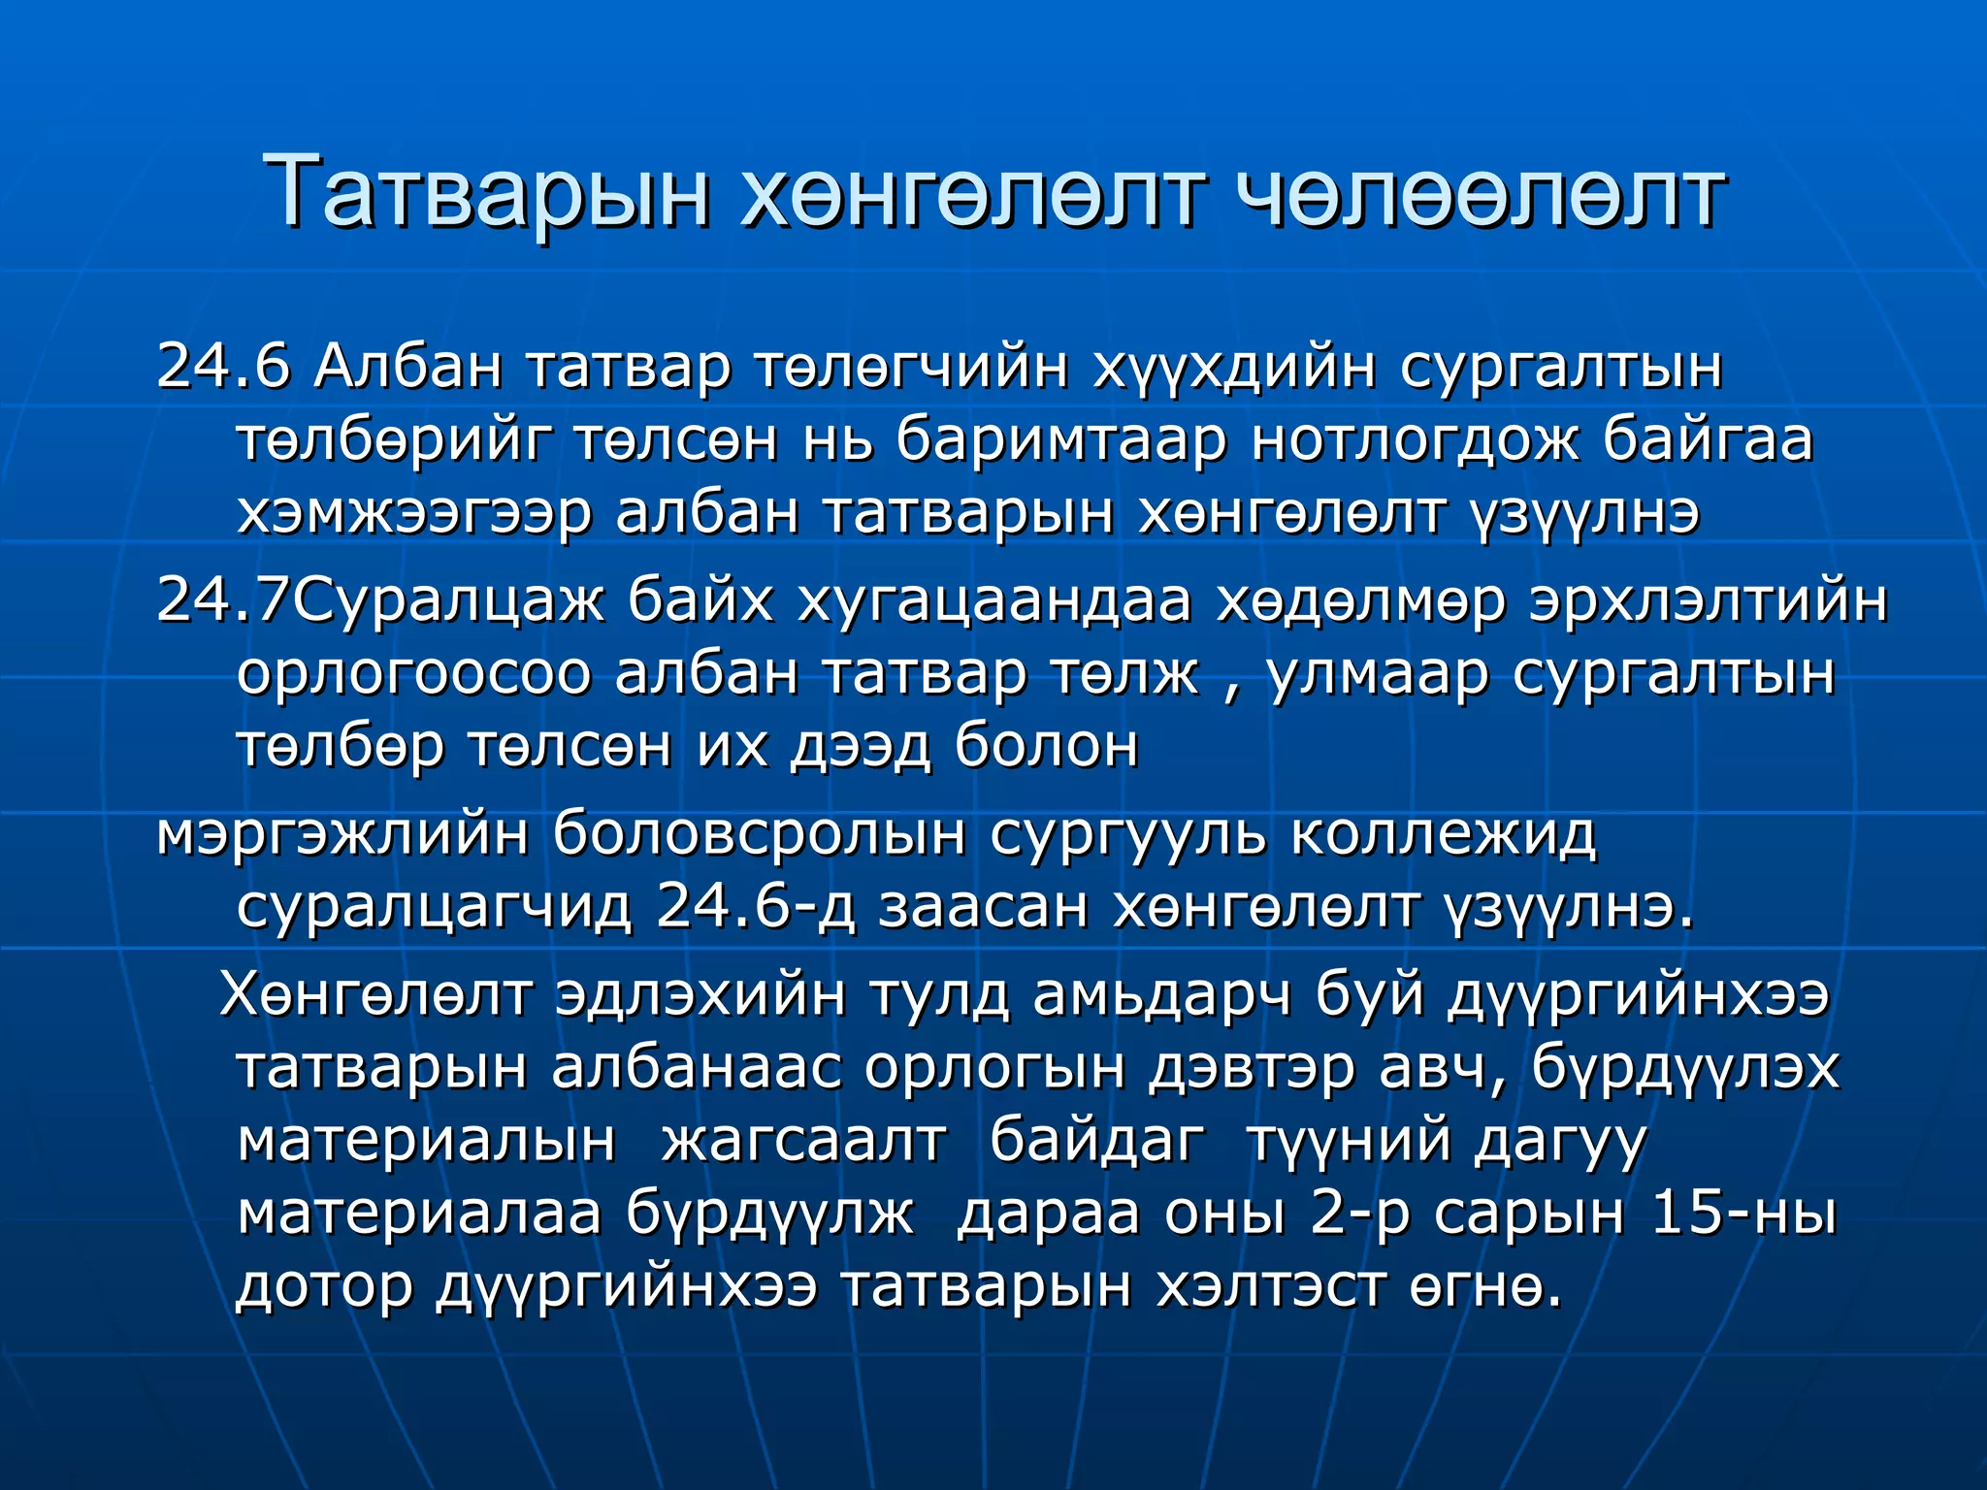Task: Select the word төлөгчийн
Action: click(x=911, y=367)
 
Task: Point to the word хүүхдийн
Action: click(x=1234, y=369)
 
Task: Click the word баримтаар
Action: click(x=1060, y=439)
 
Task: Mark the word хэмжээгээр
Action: click(x=413, y=514)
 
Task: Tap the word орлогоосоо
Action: click(x=413, y=674)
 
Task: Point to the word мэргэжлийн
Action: click(x=342, y=834)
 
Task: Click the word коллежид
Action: click(x=1443, y=834)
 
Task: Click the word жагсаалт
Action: click(x=803, y=1140)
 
